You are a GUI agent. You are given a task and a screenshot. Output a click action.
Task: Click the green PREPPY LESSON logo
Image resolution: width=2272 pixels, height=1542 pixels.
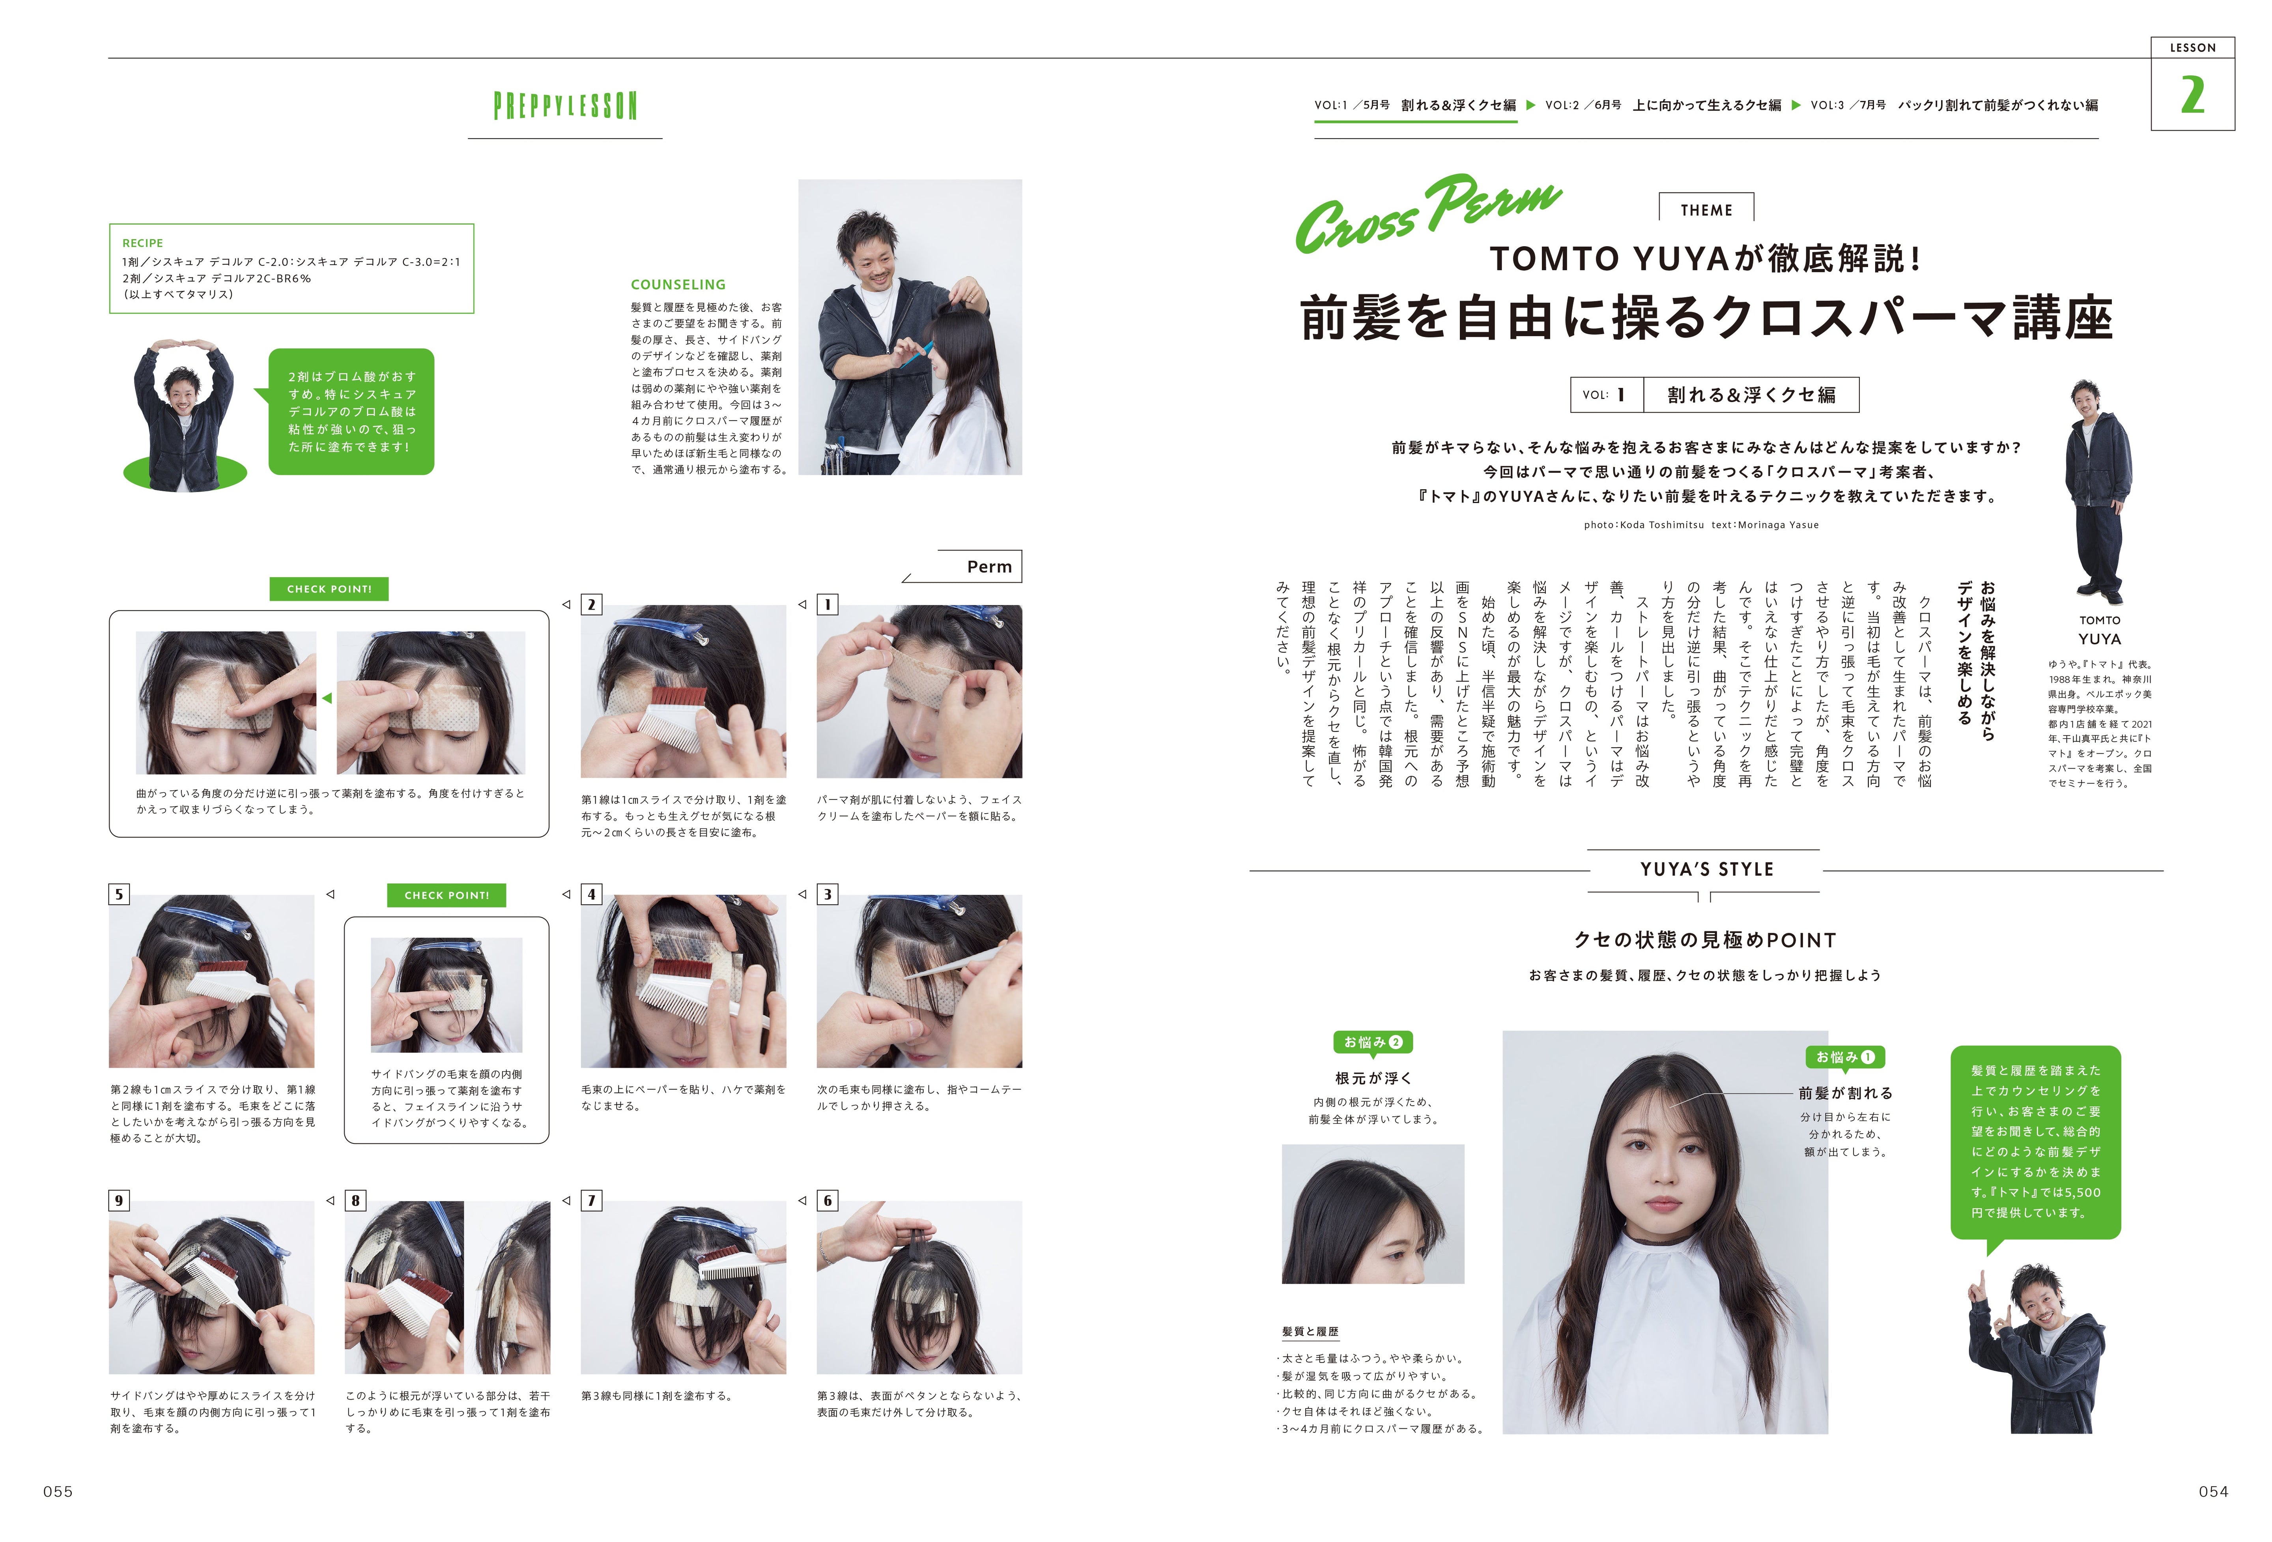pyautogui.click(x=565, y=106)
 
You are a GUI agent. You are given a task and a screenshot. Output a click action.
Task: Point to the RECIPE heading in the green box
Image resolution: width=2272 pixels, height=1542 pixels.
pyautogui.click(x=143, y=243)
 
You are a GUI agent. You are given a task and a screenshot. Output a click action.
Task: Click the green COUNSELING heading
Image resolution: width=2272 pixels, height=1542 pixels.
pyautogui.click(x=678, y=284)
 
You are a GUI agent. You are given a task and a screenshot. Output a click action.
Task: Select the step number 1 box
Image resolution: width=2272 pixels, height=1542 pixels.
pyautogui.click(x=827, y=604)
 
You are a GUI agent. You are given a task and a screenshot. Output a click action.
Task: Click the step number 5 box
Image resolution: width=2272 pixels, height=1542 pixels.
pyautogui.click(x=119, y=894)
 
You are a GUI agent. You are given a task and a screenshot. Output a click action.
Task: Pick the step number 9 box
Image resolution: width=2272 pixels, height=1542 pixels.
pyautogui.click(x=119, y=1200)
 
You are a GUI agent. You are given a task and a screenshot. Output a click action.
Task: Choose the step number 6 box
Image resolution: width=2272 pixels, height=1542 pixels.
pyautogui.click(x=827, y=1200)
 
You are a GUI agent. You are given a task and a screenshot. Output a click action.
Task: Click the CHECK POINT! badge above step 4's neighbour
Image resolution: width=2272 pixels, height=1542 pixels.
pyautogui.click(x=447, y=895)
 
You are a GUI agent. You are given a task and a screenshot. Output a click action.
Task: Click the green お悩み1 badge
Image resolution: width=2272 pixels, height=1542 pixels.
pyautogui.click(x=1845, y=1057)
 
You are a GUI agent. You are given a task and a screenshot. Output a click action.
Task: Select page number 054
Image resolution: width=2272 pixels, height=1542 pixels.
pyautogui.click(x=2213, y=1491)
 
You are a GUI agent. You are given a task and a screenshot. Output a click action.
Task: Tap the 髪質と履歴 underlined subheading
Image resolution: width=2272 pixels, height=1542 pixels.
pyautogui.click(x=1310, y=1332)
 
